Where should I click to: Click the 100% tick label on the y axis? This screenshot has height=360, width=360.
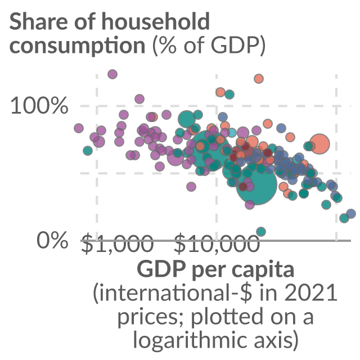tap(39, 105)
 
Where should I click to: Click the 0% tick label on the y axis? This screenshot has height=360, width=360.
tap(52, 240)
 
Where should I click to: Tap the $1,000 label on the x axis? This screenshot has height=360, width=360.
tap(118, 243)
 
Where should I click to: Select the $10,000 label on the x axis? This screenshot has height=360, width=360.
tap(217, 243)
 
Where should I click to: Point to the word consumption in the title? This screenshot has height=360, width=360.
tap(78, 46)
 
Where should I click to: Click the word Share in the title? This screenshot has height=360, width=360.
tap(39, 21)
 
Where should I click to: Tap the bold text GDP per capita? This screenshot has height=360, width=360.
tap(215, 269)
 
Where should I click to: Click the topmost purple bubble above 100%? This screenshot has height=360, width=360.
tap(112, 74)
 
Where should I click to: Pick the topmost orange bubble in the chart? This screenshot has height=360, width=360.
tap(259, 79)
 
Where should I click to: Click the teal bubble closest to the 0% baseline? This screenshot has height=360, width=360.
tap(261, 231)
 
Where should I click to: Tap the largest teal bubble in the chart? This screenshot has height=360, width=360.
tap(256, 185)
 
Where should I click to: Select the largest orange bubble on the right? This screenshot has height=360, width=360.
tap(319, 144)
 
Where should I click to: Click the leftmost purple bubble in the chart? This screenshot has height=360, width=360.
tap(79, 128)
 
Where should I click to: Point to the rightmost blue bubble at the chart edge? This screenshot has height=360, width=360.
tap(351, 214)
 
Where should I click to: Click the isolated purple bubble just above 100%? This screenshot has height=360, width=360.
tap(139, 99)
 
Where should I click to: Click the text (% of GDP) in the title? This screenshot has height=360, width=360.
tap(209, 45)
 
